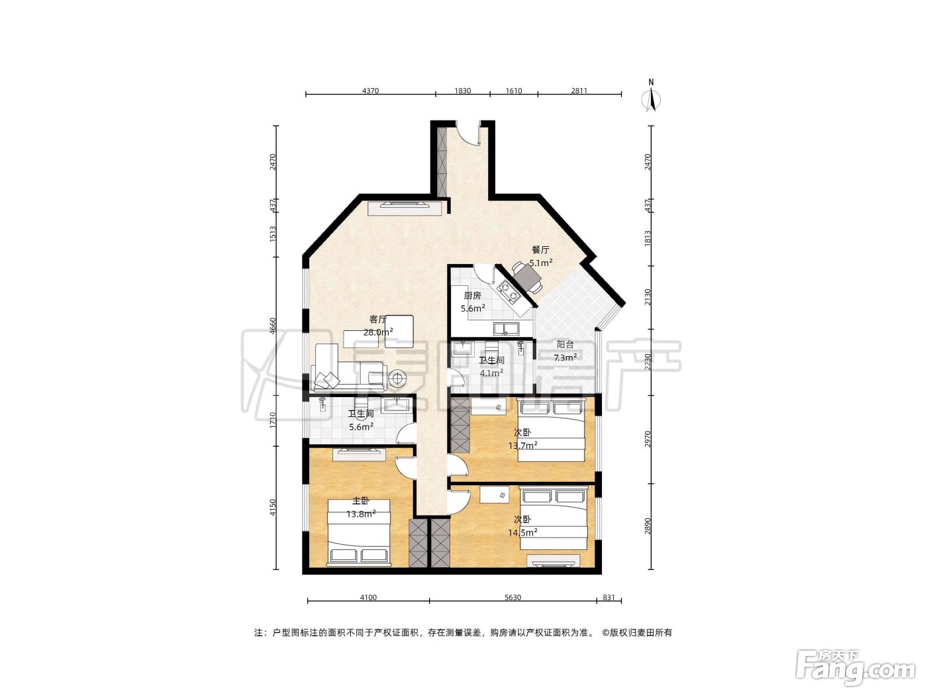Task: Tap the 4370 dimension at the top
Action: [370, 91]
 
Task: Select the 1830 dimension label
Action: [462, 91]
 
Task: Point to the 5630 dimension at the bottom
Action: [512, 597]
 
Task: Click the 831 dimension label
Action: [609, 597]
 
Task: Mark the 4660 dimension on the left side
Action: [273, 326]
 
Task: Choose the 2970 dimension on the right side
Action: [648, 439]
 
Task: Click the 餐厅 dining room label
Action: [540, 250]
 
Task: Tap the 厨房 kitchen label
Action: [472, 296]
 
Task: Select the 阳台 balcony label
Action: [565, 344]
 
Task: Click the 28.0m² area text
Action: [378, 332]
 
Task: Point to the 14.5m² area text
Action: [522, 533]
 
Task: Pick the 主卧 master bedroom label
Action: [361, 500]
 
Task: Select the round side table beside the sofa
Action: [397, 378]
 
